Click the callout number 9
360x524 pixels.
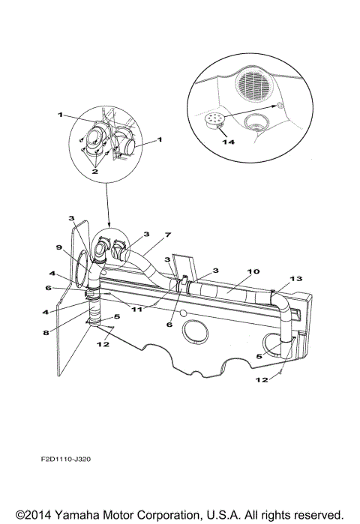point(58,247)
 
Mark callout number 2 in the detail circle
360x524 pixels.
point(95,171)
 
